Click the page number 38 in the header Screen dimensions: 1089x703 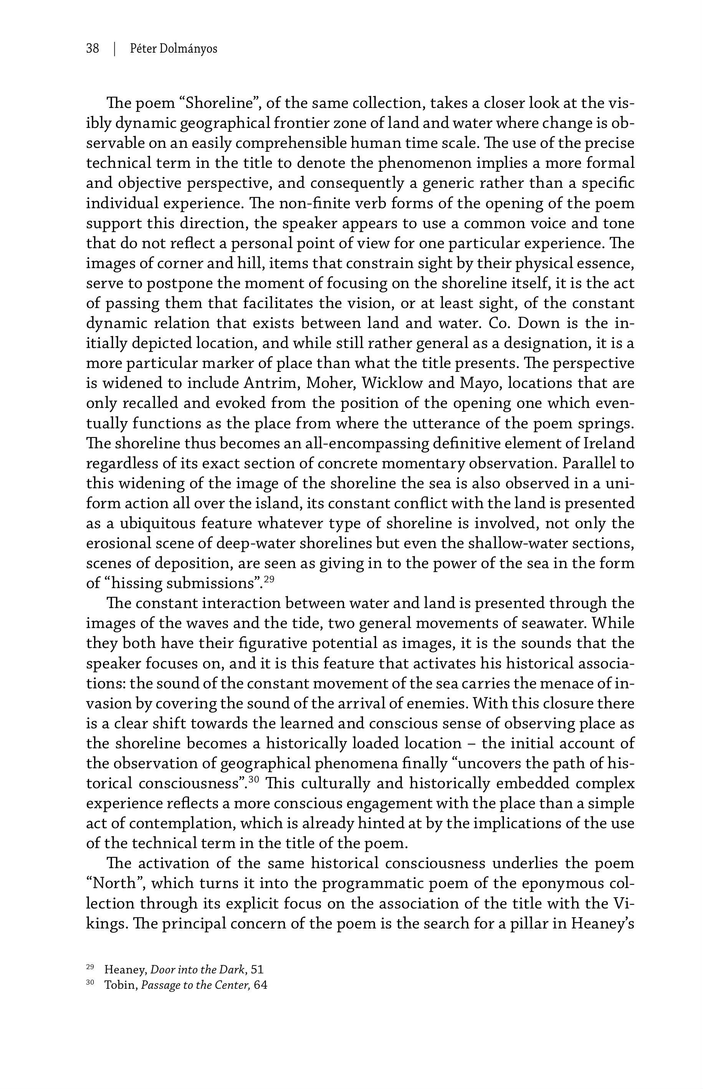(x=92, y=48)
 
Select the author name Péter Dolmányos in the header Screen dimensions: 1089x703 (x=174, y=48)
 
